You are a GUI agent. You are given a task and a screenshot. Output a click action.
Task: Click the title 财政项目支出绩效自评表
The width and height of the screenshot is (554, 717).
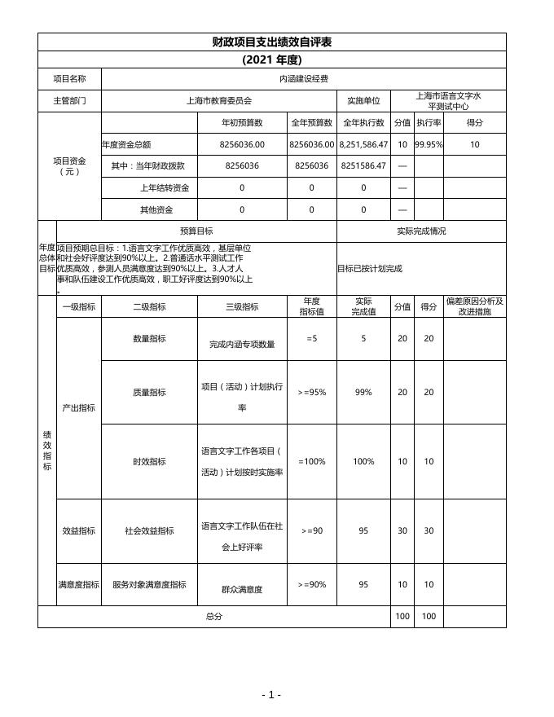pyautogui.click(x=271, y=42)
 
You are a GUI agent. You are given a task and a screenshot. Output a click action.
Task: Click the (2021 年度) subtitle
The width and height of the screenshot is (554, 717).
pyautogui.click(x=271, y=59)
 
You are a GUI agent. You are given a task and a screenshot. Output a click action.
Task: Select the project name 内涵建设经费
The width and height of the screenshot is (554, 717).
pyautogui.click(x=303, y=79)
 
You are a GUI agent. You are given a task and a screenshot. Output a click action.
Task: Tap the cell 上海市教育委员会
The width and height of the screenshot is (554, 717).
pyautogui.click(x=219, y=101)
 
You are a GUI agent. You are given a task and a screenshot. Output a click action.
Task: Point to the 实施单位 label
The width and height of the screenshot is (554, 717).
pyautogui.click(x=363, y=101)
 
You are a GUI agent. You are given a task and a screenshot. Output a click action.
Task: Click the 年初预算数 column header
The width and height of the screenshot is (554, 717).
pyautogui.click(x=242, y=123)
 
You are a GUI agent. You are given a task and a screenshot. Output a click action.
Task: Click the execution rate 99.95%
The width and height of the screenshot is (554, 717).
pyautogui.click(x=429, y=145)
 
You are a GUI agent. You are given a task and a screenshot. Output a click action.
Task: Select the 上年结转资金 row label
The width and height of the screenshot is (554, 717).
pyautogui.click(x=164, y=187)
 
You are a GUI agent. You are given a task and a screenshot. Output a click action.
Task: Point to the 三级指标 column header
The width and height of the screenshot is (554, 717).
pyautogui.click(x=242, y=307)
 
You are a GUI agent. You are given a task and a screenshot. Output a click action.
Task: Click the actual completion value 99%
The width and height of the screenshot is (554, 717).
pyautogui.click(x=363, y=392)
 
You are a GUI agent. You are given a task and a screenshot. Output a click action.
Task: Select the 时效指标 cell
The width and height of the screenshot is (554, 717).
pyautogui.click(x=149, y=461)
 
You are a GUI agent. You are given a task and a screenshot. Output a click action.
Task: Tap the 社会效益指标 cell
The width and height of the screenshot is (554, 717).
pyautogui.click(x=149, y=530)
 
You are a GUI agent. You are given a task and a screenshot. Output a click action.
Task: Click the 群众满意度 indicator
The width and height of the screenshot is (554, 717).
pyautogui.click(x=242, y=589)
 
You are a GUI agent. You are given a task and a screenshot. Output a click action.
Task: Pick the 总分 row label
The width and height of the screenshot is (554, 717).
pyautogui.click(x=213, y=617)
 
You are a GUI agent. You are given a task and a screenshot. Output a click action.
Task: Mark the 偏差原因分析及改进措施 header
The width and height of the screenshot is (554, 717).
pyautogui.click(x=474, y=306)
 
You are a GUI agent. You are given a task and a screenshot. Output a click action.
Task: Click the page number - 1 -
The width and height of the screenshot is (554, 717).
pyautogui.click(x=271, y=695)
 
